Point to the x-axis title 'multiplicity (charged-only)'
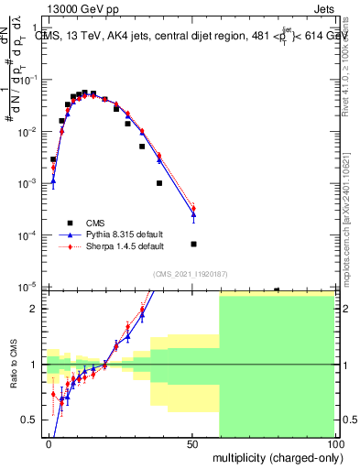(276, 456)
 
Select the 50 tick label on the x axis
(192, 444)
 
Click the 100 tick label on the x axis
(336, 444)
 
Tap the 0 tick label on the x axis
(49, 444)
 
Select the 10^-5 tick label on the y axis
(27, 288)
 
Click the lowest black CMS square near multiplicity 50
(193, 244)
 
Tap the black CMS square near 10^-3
(159, 183)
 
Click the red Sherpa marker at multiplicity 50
(193, 209)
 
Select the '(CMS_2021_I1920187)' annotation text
(190, 273)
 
